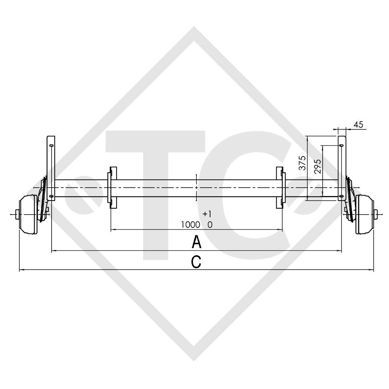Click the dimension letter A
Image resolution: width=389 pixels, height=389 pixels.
(x=196, y=242)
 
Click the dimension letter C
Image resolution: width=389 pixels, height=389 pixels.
(x=196, y=262)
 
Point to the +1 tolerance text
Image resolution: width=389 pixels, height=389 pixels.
(x=207, y=213)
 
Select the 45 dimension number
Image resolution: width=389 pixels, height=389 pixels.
(x=358, y=124)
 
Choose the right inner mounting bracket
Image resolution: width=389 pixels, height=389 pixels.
(x=280, y=188)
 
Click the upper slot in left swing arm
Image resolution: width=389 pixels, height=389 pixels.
(x=51, y=144)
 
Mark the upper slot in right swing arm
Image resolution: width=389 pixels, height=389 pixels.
(x=342, y=145)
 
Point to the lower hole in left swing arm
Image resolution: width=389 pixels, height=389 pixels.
(x=51, y=196)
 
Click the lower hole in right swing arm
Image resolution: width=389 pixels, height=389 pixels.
(x=342, y=196)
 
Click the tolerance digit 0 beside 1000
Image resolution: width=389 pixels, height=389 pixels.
(x=210, y=225)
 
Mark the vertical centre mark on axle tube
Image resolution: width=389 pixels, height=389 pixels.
(x=196, y=188)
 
